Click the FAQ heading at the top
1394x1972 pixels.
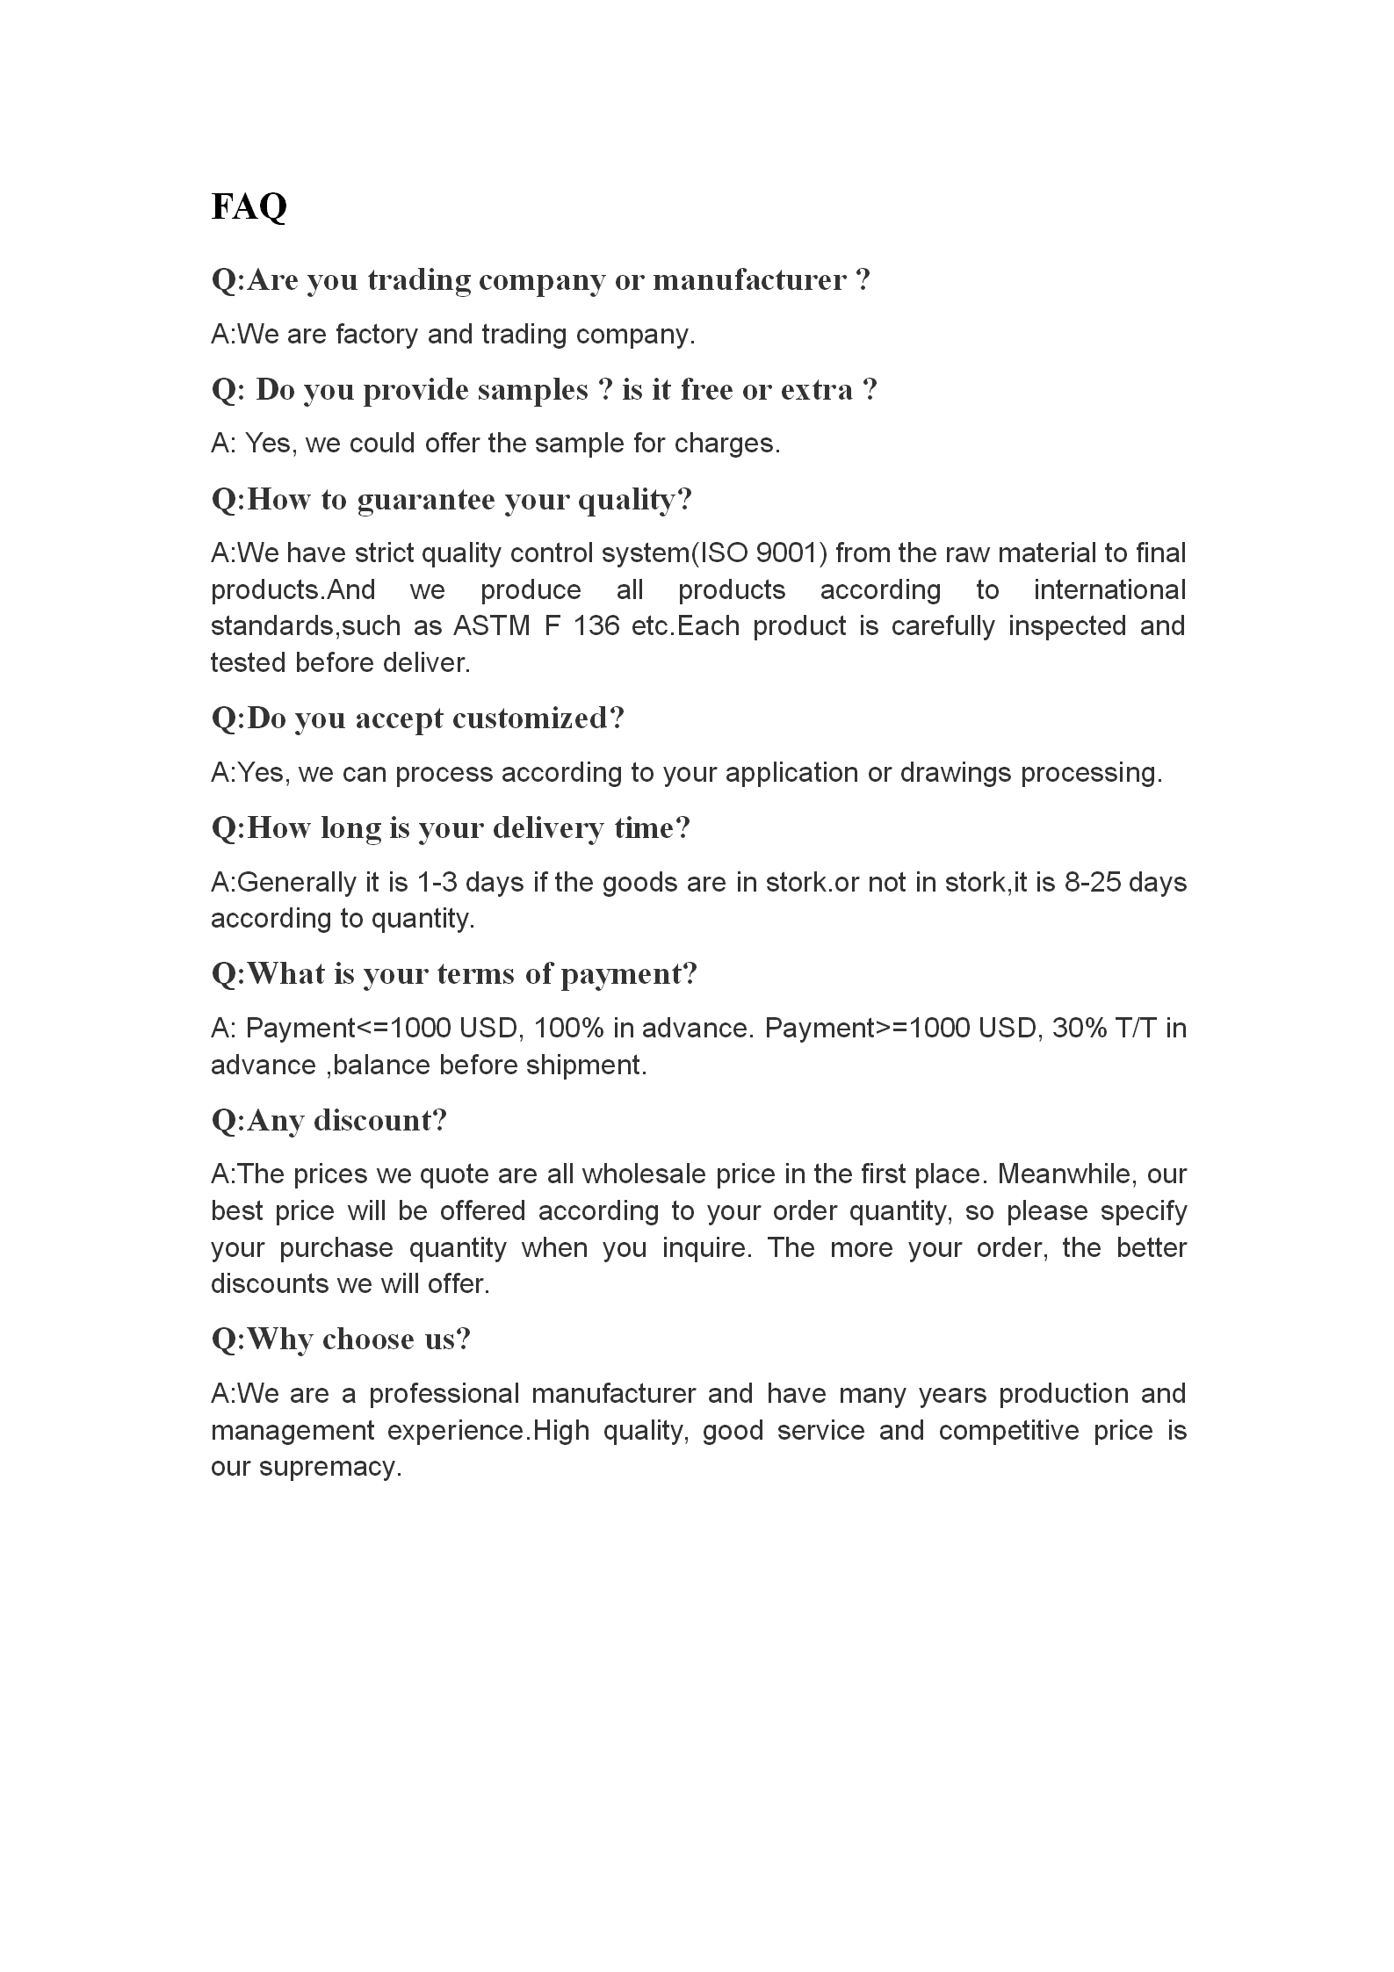pyautogui.click(x=249, y=207)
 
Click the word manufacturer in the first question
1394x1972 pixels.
pyautogui.click(x=749, y=280)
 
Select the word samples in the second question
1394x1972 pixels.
pyautogui.click(x=532, y=390)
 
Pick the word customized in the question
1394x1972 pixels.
pyautogui.click(x=538, y=719)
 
